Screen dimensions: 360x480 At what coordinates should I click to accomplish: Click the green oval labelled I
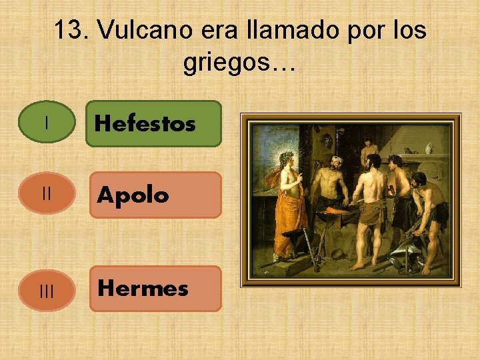[x=47, y=123]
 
